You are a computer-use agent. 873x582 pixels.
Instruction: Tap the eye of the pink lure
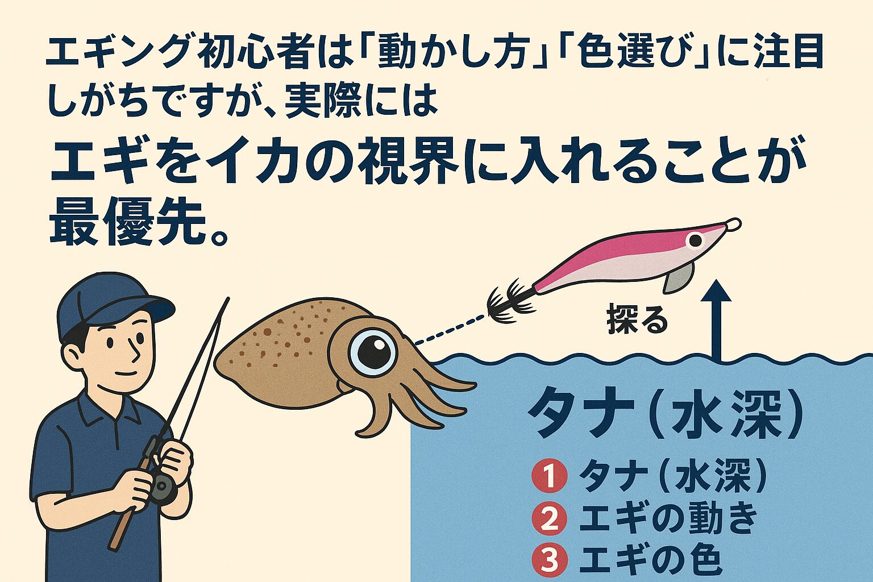[695, 240]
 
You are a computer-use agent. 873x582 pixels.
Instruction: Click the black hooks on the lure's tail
[509, 301]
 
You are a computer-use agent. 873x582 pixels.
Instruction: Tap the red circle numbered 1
[549, 477]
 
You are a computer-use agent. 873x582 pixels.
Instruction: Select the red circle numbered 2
[549, 518]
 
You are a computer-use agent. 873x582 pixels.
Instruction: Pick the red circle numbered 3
[549, 560]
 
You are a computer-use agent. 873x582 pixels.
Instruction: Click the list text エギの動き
[668, 518]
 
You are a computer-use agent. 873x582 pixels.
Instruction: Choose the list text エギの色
[650, 560]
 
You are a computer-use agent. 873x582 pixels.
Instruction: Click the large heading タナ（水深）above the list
[666, 413]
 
